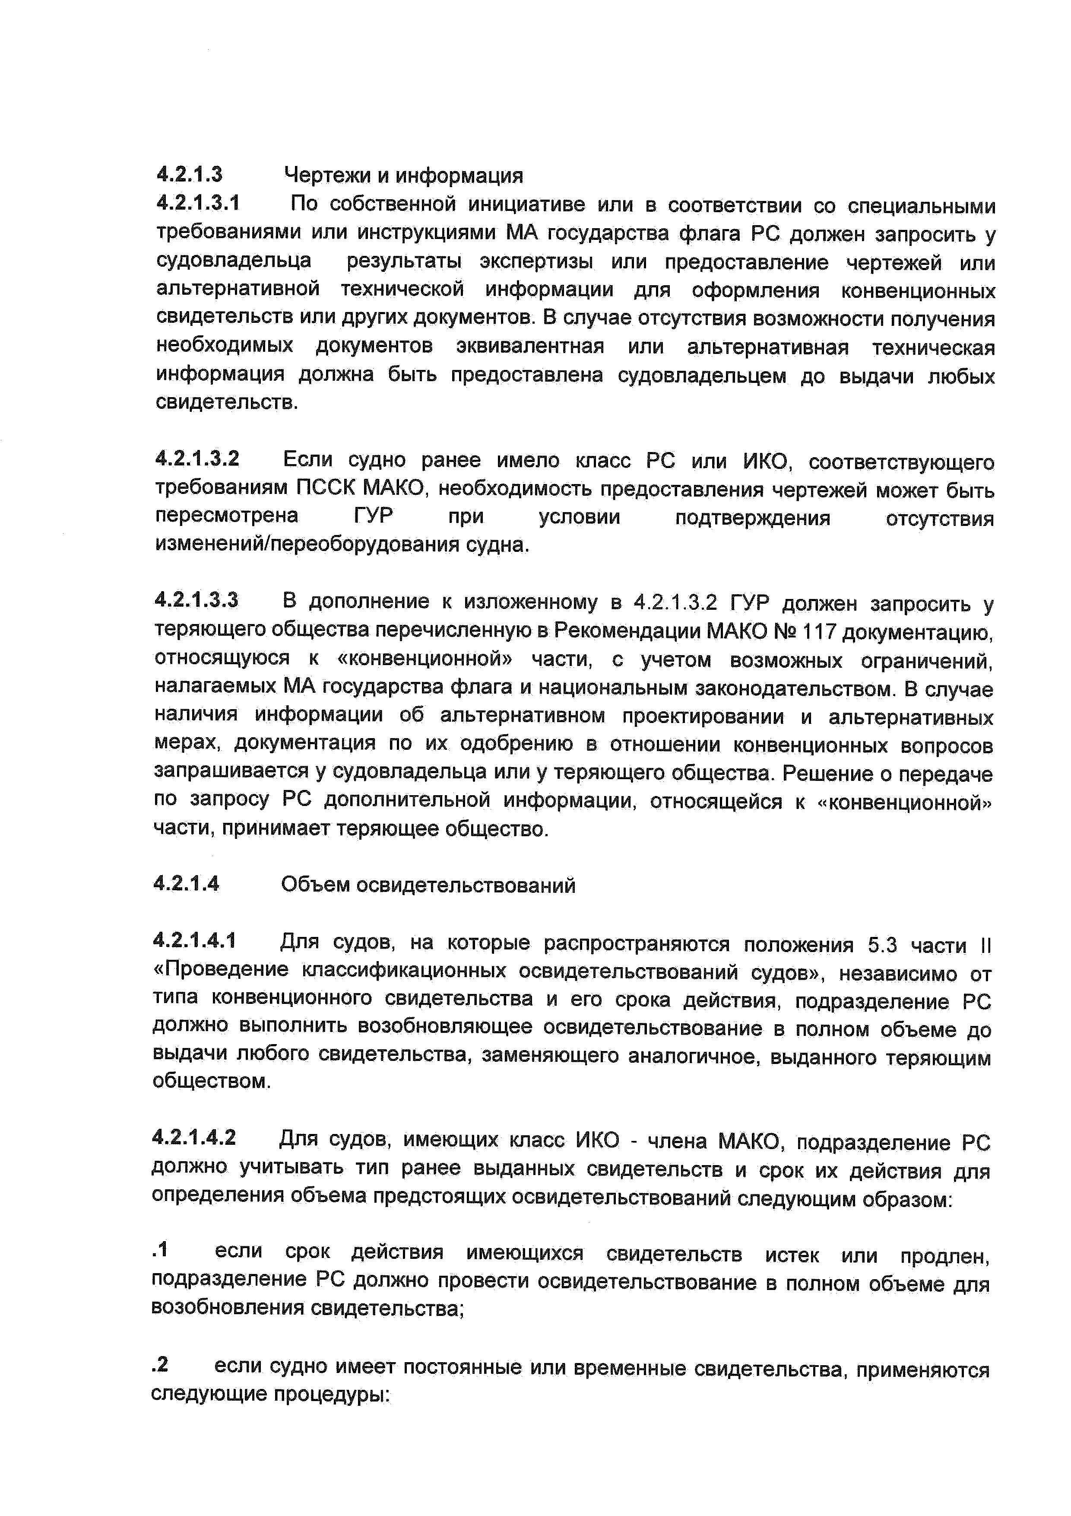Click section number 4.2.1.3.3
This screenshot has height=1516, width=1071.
[x=196, y=599]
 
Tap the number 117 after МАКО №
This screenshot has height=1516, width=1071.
[x=818, y=632]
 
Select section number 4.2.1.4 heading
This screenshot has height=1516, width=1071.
[x=186, y=883]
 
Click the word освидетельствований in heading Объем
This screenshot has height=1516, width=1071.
[x=466, y=885]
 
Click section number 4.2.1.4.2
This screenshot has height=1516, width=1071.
[x=193, y=1137]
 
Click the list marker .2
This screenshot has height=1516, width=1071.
[x=160, y=1365]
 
